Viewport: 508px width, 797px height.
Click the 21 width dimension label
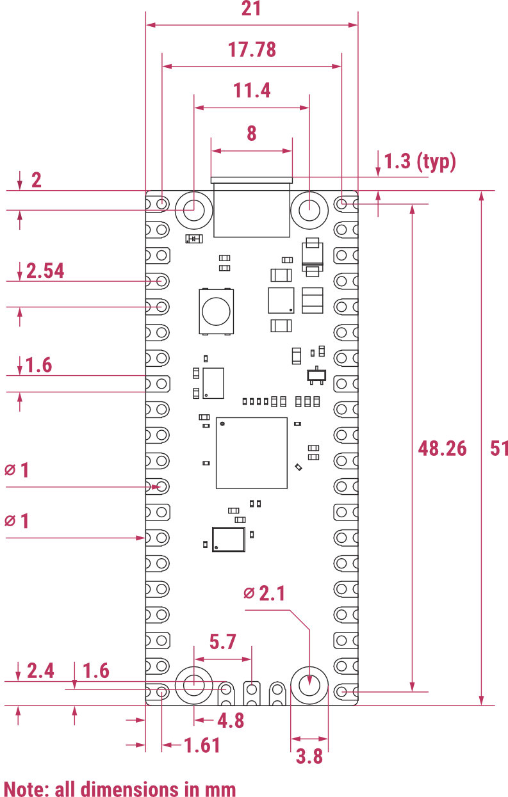[x=251, y=8]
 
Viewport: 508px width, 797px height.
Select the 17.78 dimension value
[x=252, y=49]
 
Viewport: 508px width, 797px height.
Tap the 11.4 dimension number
[x=252, y=90]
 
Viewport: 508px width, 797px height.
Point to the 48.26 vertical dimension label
[x=442, y=448]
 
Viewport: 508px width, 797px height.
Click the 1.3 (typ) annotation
[x=420, y=161]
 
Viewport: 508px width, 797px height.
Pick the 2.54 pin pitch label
[x=45, y=271]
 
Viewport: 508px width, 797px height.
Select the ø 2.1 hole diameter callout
[x=264, y=593]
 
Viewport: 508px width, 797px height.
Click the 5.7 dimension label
[x=222, y=641]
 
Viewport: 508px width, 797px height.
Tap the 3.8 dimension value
[x=309, y=756]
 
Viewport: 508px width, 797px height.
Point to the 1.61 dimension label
[x=202, y=745]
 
